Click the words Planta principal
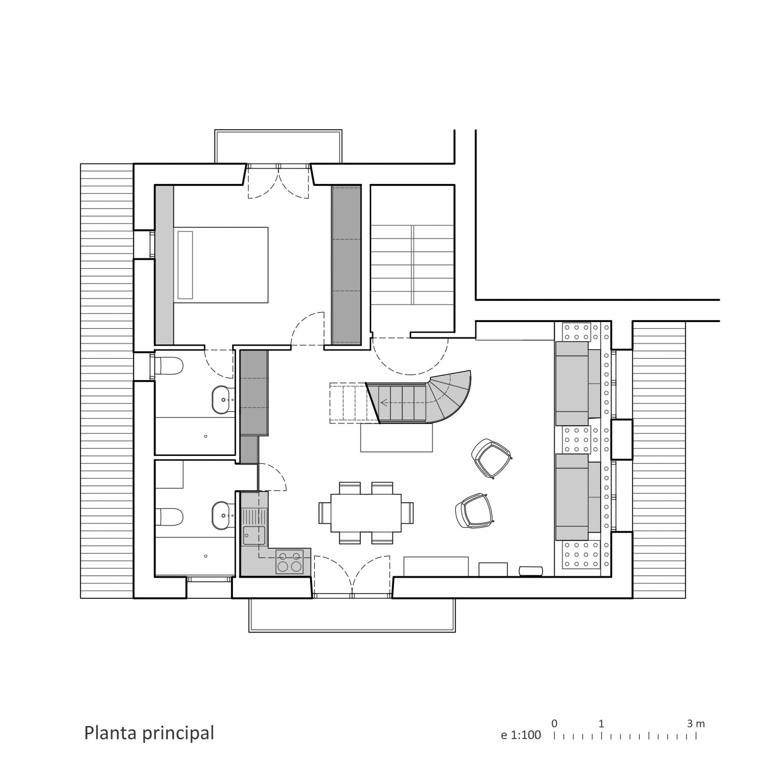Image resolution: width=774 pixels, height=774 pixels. pyautogui.click(x=149, y=733)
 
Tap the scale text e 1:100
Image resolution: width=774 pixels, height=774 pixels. pyautogui.click(x=521, y=735)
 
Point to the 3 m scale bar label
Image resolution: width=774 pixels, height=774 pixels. pyautogui.click(x=696, y=724)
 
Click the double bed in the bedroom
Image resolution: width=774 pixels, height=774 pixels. pyautogui.click(x=221, y=265)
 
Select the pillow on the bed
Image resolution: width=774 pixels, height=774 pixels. pyautogui.click(x=185, y=265)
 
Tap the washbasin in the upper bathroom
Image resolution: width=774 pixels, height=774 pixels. pyautogui.click(x=221, y=400)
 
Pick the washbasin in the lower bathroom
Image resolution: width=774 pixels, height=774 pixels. pyautogui.click(x=221, y=515)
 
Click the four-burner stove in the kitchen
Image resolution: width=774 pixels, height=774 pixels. pyautogui.click(x=289, y=562)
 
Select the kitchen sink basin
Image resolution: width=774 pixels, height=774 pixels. pyautogui.click(x=254, y=535)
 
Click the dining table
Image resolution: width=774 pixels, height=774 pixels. pyautogui.click(x=366, y=513)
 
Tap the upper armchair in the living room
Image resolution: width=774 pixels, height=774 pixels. pyautogui.click(x=491, y=459)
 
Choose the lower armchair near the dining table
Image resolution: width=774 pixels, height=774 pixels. pyautogui.click(x=475, y=510)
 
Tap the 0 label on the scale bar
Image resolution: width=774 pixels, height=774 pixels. pyautogui.click(x=554, y=724)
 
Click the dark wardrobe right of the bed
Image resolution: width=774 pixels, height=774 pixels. pyautogui.click(x=346, y=265)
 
